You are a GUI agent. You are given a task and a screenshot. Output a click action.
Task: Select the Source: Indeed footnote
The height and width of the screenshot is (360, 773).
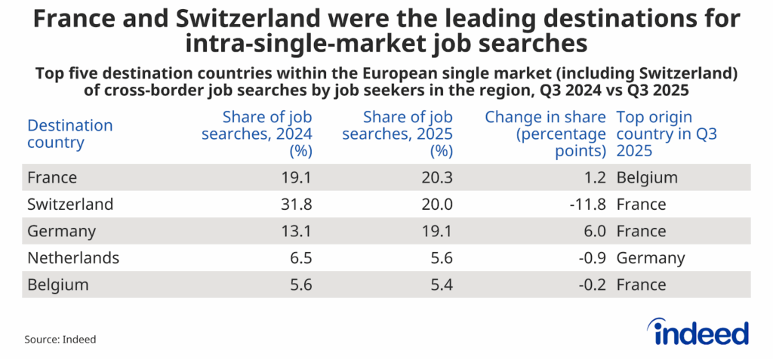[x=60, y=340]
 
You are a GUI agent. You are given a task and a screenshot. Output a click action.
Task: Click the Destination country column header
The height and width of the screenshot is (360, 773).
[x=69, y=134]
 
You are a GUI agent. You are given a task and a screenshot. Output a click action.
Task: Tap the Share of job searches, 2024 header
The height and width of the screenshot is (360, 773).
[x=267, y=134]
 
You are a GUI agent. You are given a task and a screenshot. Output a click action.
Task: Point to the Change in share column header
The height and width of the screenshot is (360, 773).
[x=545, y=134]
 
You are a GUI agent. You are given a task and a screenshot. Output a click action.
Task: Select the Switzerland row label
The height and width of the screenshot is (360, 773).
[x=70, y=205]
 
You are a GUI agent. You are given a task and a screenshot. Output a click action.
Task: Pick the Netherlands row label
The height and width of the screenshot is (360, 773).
[x=72, y=258]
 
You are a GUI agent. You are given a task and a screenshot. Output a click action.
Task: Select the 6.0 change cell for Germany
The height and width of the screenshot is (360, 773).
[x=593, y=231]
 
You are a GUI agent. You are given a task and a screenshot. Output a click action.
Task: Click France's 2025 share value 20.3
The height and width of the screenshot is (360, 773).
[x=438, y=178]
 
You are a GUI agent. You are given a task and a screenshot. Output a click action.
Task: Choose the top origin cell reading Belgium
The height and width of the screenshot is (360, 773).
[x=647, y=178]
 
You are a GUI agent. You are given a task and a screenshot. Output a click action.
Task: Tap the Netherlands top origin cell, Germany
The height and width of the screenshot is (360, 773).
[x=651, y=258]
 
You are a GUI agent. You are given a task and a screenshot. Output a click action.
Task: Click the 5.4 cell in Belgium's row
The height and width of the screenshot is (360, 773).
[x=442, y=285]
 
